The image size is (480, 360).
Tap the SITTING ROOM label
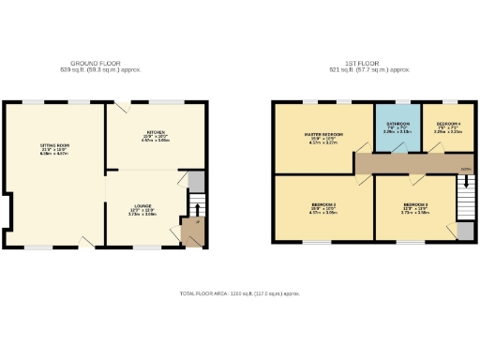click(x=53, y=146)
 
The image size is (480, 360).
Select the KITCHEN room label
click(x=155, y=132)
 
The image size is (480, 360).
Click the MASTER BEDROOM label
click(x=322, y=136)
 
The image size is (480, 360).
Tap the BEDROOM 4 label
click(x=448, y=125)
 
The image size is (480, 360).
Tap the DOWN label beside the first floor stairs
click(x=464, y=170)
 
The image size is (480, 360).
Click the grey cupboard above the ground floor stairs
click(x=196, y=181)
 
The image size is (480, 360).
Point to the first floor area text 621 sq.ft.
click(x=369, y=70)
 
